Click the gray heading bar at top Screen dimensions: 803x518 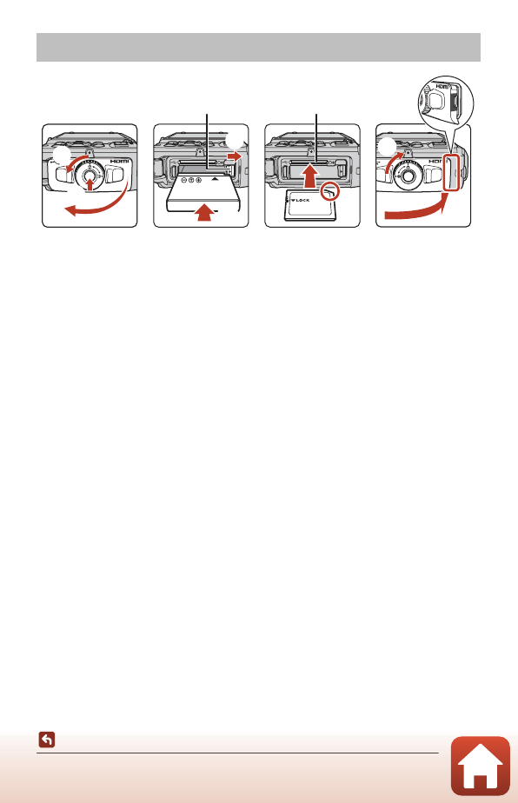coord(258,47)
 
